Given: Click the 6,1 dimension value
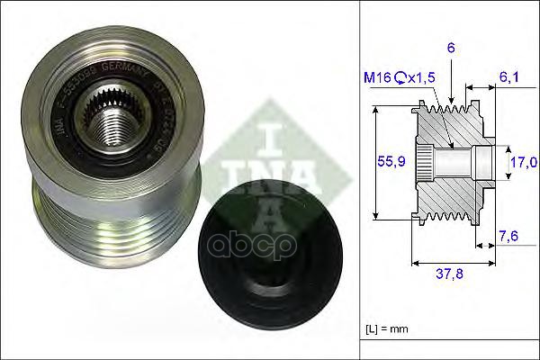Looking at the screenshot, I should [509, 78].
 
